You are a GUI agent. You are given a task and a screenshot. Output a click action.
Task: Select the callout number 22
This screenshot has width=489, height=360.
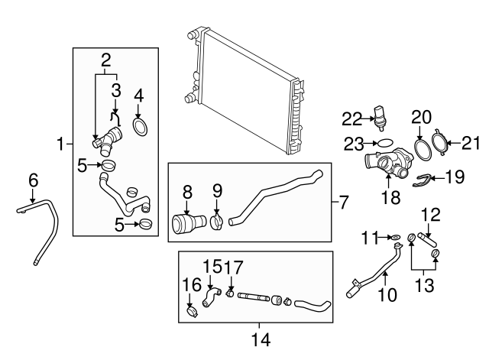[351, 118]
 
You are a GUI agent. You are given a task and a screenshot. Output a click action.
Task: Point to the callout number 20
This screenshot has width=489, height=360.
[422, 117]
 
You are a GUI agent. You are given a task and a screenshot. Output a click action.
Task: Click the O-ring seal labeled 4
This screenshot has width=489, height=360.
[140, 125]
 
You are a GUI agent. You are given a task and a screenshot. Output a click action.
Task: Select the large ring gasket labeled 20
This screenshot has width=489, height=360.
[421, 147]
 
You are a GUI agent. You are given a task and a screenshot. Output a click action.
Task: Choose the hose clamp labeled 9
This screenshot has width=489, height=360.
[217, 222]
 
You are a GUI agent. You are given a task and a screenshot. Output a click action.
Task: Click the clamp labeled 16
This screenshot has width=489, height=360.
[191, 312]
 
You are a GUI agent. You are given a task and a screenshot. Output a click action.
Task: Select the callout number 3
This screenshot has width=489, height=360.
[116, 90]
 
